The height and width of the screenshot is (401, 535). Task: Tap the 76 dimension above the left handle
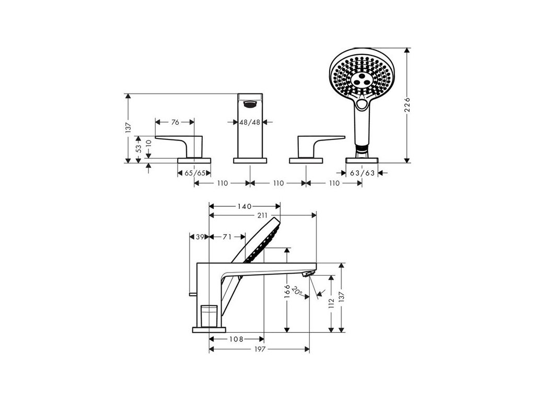tap(175, 122)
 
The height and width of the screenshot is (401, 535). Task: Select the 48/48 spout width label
tap(249, 122)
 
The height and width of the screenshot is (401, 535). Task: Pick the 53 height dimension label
tap(138, 148)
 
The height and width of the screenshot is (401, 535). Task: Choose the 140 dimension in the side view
tap(244, 207)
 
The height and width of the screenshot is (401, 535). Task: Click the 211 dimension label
tap(262, 215)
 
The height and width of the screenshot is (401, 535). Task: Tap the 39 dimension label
tap(200, 237)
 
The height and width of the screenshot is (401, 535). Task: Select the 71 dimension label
tap(227, 237)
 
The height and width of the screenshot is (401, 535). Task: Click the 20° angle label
tap(298, 293)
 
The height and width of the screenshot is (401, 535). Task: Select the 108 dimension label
tap(236, 339)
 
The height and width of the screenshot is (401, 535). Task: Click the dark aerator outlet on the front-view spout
tap(250, 104)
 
